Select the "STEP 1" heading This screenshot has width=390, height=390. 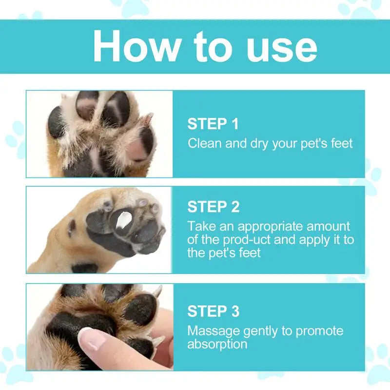213,124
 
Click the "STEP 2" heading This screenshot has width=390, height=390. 213,207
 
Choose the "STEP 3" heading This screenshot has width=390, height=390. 213,311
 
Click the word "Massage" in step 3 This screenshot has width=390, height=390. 212,331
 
